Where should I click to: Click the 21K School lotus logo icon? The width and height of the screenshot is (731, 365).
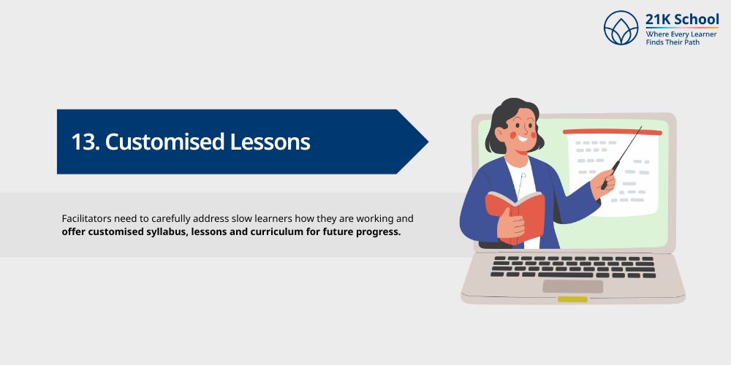(x=621, y=28)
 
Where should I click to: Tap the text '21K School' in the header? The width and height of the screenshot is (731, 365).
(x=681, y=20)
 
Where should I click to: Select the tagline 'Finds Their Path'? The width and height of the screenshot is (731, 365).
(x=672, y=43)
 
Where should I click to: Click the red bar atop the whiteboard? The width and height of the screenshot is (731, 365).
(x=612, y=132)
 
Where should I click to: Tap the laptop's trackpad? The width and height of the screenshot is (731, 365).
(x=572, y=285)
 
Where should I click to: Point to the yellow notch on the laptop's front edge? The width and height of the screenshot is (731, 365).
(x=572, y=299)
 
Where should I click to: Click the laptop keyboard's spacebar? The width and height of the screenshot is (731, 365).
(x=572, y=274)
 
